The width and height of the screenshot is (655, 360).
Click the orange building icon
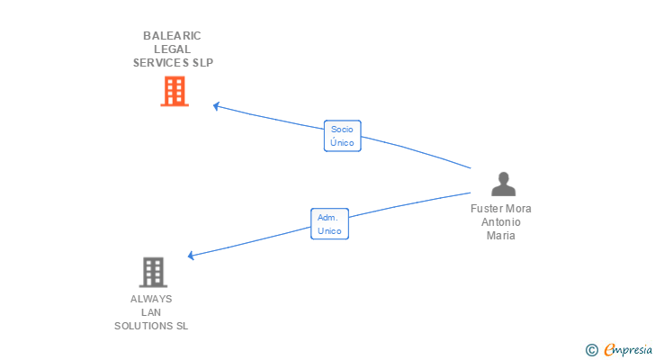pyautogui.click(x=175, y=92)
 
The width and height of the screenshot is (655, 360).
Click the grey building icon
pyautogui.click(x=153, y=273)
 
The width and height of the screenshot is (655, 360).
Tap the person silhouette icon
pyautogui.click(x=503, y=184)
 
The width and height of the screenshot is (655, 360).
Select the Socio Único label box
pyautogui.click(x=342, y=136)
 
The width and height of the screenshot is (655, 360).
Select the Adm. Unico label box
pyautogui.click(x=329, y=224)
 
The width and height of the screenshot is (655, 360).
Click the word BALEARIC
pyautogui.click(x=172, y=36)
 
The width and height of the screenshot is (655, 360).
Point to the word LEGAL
pyautogui.click(x=172, y=49)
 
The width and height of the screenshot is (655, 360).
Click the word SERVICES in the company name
pyautogui.click(x=161, y=63)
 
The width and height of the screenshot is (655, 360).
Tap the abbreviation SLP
pyautogui.click(x=203, y=63)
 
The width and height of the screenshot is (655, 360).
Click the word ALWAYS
pyautogui.click(x=151, y=299)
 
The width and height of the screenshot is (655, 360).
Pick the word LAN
pyautogui.click(x=151, y=312)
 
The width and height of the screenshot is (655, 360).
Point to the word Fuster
pyautogui.click(x=485, y=209)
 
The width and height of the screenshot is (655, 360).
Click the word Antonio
pyautogui.click(x=501, y=222)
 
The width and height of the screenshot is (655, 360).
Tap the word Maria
pyautogui.click(x=501, y=236)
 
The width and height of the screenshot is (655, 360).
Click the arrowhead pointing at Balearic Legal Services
pyautogui.click(x=216, y=106)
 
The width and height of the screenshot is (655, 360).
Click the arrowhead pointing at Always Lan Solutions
pyautogui.click(x=191, y=256)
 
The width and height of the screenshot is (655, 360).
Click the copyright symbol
pyautogui.click(x=592, y=350)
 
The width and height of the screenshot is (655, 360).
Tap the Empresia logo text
pyautogui.click(x=628, y=350)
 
